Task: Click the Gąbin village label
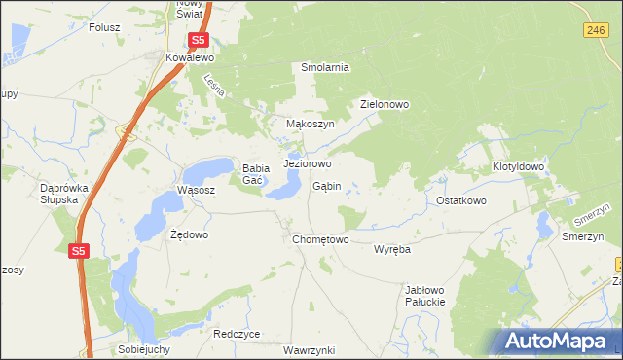326,186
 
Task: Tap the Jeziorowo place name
308,163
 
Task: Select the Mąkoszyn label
311,125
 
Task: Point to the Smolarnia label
325,67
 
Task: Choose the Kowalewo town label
190,58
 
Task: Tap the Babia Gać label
255,173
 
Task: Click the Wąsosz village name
195,190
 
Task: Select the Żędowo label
189,234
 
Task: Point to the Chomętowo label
320,239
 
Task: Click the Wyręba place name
392,249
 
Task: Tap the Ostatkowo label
460,200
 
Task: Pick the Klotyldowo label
518,167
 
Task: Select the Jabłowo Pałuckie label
424,296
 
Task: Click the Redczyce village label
237,333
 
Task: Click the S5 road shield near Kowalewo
199,40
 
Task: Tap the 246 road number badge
598,31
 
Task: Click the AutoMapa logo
558,342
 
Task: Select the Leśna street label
215,86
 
